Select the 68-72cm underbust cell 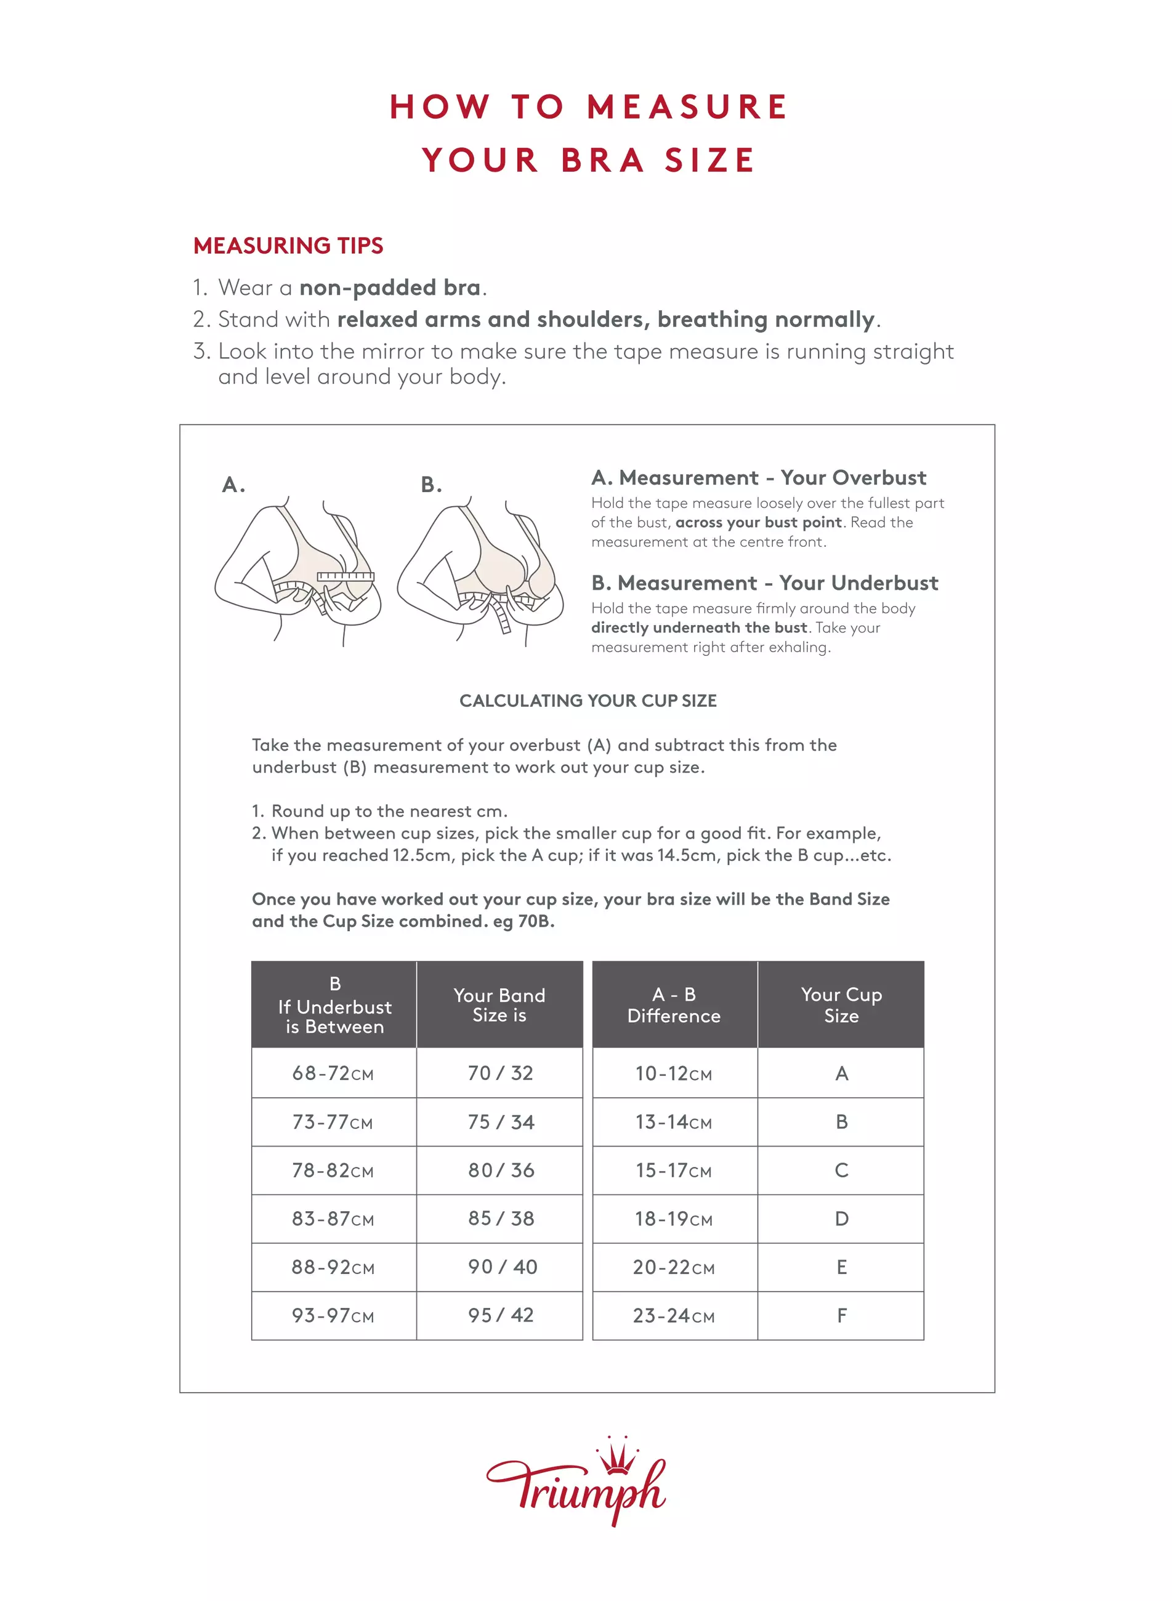click(333, 1073)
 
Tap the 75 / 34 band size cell click(500, 1122)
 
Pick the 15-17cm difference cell click(673, 1171)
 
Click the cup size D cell click(841, 1219)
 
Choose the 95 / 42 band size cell click(500, 1315)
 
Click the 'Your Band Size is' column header click(499, 1004)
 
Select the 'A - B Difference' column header click(674, 1004)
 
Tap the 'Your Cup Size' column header click(841, 1004)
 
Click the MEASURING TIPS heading click(288, 246)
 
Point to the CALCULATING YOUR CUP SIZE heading click(588, 701)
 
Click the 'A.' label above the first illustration click(233, 485)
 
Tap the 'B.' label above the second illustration click(431, 485)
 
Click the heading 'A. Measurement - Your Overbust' click(758, 477)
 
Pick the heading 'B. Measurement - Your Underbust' click(765, 583)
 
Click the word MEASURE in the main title click(687, 107)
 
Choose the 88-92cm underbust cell click(333, 1267)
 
